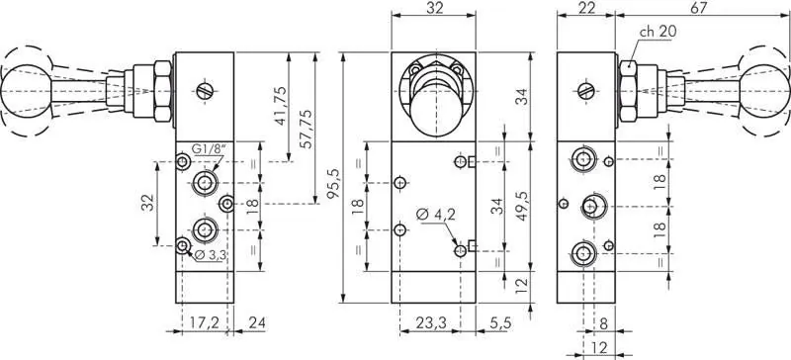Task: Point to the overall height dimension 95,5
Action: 333,185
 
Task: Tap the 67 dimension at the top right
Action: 698,9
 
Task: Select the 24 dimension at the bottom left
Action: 257,322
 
